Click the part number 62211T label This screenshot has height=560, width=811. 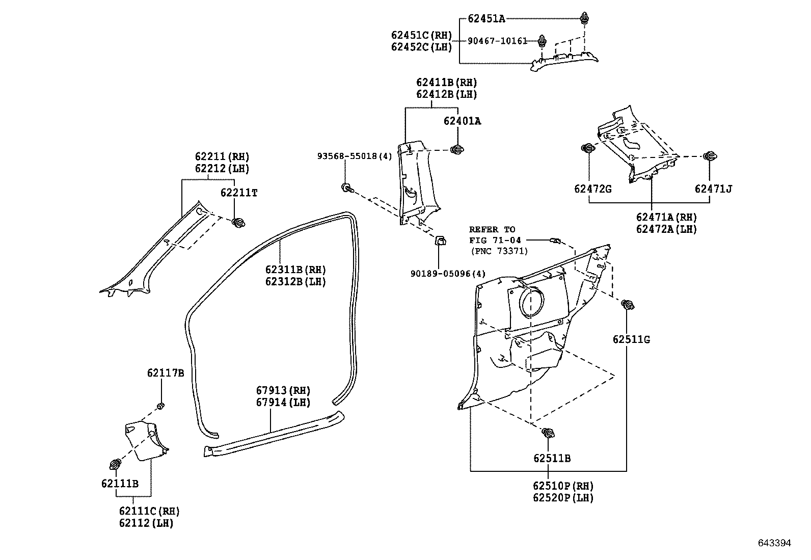pyautogui.click(x=238, y=193)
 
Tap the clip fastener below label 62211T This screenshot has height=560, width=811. pyautogui.click(x=238, y=222)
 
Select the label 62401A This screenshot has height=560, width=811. pyautogui.click(x=462, y=121)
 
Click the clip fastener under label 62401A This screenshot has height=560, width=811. pyautogui.click(x=457, y=149)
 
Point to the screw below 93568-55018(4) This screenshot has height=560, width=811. pyautogui.click(x=346, y=189)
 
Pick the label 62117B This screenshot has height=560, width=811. pyautogui.click(x=166, y=373)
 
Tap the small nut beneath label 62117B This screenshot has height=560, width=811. pyautogui.click(x=161, y=406)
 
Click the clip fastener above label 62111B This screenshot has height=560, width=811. pyautogui.click(x=116, y=464)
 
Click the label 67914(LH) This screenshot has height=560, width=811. pyautogui.click(x=283, y=402)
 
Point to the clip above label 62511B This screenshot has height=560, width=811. pyautogui.click(x=549, y=434)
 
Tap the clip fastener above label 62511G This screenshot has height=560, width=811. pyautogui.click(x=628, y=305)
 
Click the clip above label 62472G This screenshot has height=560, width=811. pyautogui.click(x=588, y=148)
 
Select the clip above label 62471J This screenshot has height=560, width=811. pyautogui.click(x=709, y=156)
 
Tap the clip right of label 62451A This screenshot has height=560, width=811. pyautogui.click(x=584, y=19)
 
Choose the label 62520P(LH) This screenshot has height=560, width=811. pyautogui.click(x=563, y=498)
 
